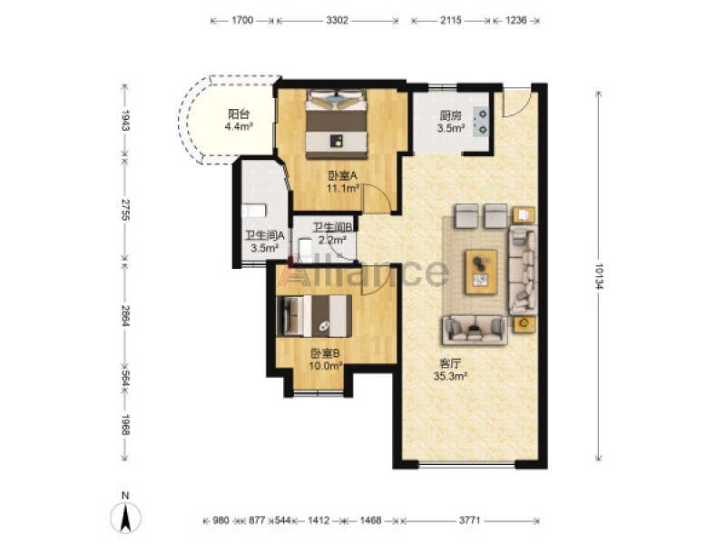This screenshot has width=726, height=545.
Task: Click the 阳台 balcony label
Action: point(239,114)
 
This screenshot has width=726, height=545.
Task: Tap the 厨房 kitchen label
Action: point(450,116)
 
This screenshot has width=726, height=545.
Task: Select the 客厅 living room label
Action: point(449,363)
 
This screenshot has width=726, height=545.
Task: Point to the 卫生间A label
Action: point(264,235)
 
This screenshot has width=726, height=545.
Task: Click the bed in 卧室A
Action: point(336,124)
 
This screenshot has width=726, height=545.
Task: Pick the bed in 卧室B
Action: point(313,315)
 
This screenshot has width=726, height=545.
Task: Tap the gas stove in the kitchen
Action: point(482,122)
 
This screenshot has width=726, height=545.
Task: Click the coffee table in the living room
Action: point(481,272)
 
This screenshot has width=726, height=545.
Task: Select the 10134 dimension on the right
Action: point(598,277)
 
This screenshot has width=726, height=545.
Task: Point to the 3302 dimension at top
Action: point(337,20)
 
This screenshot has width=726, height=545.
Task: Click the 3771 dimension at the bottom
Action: point(469,520)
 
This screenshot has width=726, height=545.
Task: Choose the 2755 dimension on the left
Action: point(124,210)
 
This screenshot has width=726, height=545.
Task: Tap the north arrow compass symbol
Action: point(125,514)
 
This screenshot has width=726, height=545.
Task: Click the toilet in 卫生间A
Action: point(254,211)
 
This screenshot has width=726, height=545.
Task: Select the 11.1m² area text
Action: point(343,188)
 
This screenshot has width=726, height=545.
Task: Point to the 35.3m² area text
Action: point(449,376)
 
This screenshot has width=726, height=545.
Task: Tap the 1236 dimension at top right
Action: point(515,20)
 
